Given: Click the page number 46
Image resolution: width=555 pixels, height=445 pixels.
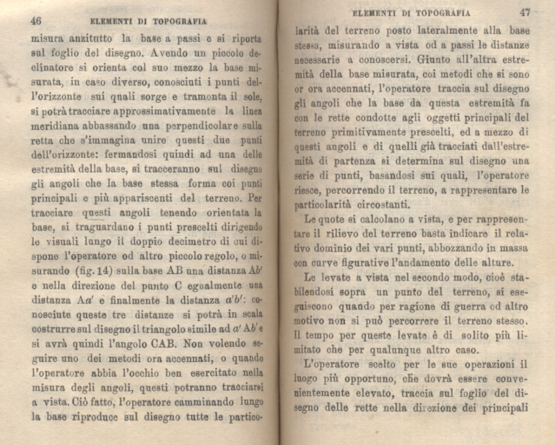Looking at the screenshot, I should (36, 21).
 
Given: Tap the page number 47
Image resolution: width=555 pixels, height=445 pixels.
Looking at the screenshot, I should (524, 12).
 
